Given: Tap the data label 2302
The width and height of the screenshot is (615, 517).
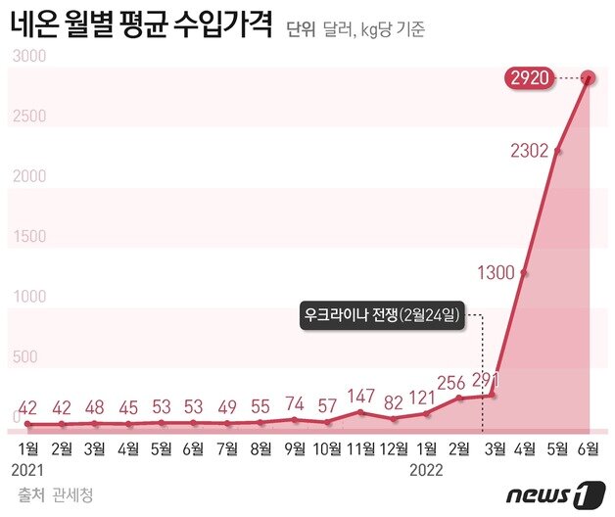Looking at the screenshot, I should [x=529, y=151].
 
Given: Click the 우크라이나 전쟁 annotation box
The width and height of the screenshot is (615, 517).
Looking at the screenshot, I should [x=381, y=316].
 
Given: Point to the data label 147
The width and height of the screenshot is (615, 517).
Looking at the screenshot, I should [x=362, y=396].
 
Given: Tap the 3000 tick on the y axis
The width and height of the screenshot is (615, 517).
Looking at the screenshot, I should [x=27, y=57].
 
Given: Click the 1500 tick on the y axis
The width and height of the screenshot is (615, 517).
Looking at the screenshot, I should [x=27, y=237].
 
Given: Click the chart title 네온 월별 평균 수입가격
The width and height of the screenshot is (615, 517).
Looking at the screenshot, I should [x=141, y=25].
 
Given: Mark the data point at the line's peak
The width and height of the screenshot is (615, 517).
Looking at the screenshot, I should [x=590, y=77].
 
